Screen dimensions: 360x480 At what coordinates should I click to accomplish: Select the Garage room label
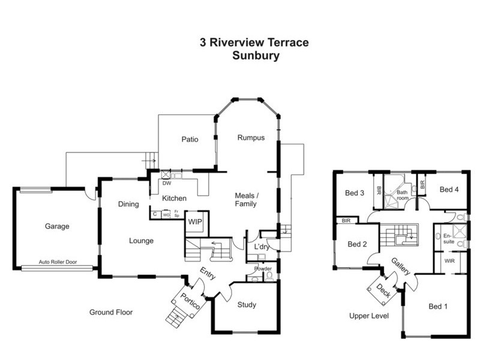pos(56,226)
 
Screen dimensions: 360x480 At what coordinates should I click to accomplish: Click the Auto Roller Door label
pos(58,262)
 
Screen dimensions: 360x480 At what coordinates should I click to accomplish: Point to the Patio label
pos(190,139)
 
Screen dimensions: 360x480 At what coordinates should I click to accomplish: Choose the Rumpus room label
pos(250,137)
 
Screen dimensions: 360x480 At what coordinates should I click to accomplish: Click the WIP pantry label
pos(195,221)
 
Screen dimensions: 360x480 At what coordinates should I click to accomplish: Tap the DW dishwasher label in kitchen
pos(166,184)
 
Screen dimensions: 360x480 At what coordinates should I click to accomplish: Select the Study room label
pos(246,305)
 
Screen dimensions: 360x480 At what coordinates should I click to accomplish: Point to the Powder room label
pos(262,268)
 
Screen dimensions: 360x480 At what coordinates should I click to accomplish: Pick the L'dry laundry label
pos(262,247)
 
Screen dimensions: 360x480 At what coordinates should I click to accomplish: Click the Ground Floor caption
pos(111,312)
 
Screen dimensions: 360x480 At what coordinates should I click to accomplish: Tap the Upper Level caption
pos(369,315)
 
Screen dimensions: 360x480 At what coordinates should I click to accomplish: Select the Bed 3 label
pos(355,193)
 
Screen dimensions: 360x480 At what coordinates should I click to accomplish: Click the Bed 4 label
pos(449,189)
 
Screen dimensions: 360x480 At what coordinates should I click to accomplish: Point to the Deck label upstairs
pos(383,290)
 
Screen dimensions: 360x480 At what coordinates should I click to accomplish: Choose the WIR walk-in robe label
pos(449,261)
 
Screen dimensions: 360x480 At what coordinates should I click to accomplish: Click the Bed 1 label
pos(438,306)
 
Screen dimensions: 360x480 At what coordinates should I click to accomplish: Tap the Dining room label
pos(128,204)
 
